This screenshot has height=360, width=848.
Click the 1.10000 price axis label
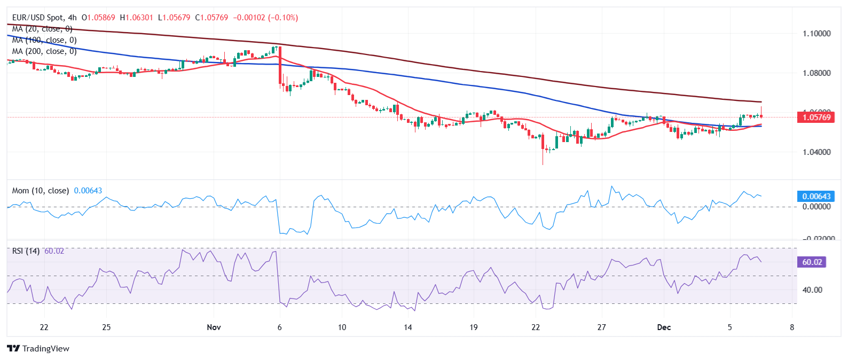click(816, 34)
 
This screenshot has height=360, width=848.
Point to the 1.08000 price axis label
click(816, 73)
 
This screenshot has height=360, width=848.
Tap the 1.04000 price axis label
click(816, 152)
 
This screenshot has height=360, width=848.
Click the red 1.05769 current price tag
click(816, 117)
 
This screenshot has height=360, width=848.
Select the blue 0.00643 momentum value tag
click(816, 197)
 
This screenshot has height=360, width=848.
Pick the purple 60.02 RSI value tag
click(812, 262)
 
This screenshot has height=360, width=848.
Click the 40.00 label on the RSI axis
click(812, 290)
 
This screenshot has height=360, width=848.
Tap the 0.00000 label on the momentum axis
click(816, 207)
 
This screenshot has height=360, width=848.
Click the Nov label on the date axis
click(214, 327)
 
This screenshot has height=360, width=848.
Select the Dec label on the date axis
click(664, 327)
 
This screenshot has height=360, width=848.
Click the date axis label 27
click(601, 327)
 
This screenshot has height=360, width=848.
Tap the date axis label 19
click(473, 327)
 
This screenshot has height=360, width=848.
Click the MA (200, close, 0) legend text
click(44, 51)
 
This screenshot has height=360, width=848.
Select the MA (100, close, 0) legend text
click(44, 40)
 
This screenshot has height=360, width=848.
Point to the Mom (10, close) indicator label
click(41, 191)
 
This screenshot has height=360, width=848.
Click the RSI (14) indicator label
click(26, 251)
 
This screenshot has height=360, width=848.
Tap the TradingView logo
click(38, 349)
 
